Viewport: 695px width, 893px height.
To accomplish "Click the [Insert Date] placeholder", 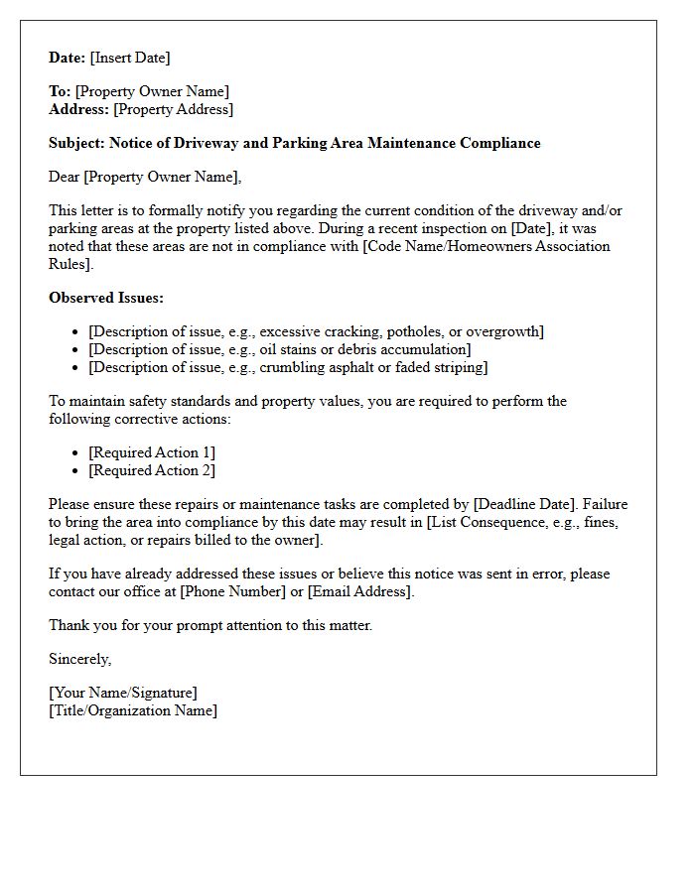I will click(x=130, y=58).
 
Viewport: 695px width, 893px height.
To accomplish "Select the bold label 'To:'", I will click(x=60, y=91).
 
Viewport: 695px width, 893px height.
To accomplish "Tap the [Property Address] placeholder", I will click(x=174, y=109).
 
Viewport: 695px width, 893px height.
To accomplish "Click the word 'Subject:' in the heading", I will click(x=76, y=143).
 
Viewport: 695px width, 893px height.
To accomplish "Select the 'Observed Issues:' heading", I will click(x=106, y=297).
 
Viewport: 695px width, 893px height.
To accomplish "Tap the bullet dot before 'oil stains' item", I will click(x=76, y=349).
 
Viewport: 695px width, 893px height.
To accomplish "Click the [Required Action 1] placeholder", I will click(x=152, y=452).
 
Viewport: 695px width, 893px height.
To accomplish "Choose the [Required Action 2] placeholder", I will click(x=152, y=470).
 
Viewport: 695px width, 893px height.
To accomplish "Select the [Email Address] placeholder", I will click(x=359, y=591).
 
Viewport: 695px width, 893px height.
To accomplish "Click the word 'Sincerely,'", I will click(x=80, y=659).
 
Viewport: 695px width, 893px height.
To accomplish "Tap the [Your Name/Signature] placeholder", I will click(x=123, y=693).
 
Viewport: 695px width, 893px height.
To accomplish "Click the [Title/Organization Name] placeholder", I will click(x=133, y=710).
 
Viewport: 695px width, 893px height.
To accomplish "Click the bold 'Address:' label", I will click(x=79, y=109).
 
